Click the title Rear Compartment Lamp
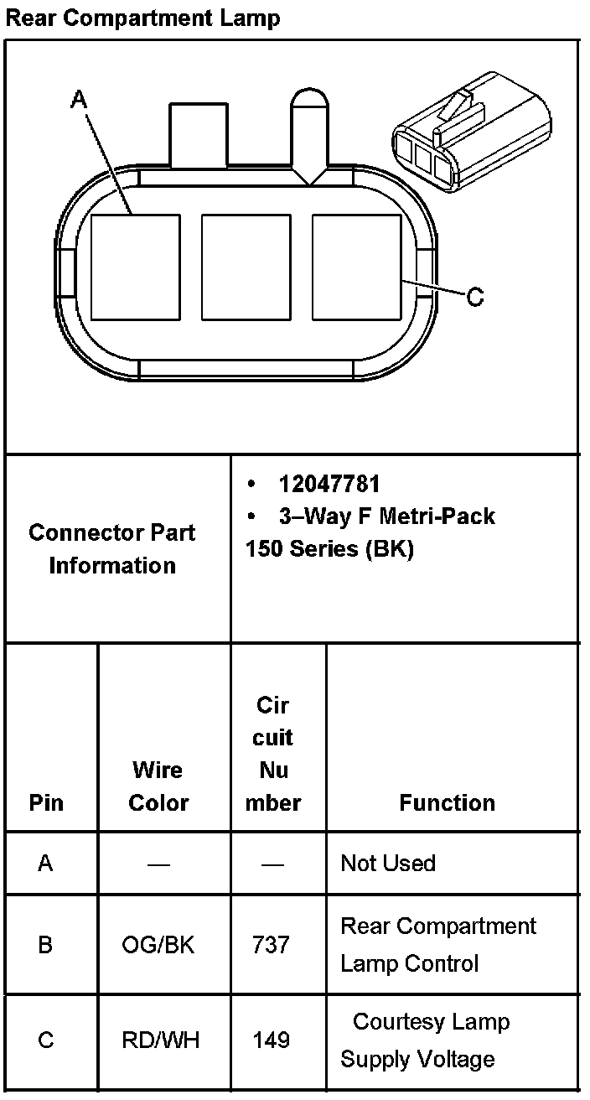coord(142,18)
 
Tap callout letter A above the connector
coord(79,100)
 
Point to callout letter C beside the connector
coord(475,297)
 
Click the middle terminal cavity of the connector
coord(246,267)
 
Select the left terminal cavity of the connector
coord(135,267)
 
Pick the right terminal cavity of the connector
coord(357,267)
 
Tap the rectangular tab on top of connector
coord(198,134)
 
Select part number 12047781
coord(329,484)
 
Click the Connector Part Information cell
coord(112,548)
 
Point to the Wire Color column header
coord(158,786)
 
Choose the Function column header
coord(447,802)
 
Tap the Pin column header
coord(46,802)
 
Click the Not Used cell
coord(388,863)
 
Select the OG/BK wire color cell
coord(158,945)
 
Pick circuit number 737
coord(272,945)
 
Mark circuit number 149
coord(272,1040)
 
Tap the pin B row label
coord(45,945)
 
